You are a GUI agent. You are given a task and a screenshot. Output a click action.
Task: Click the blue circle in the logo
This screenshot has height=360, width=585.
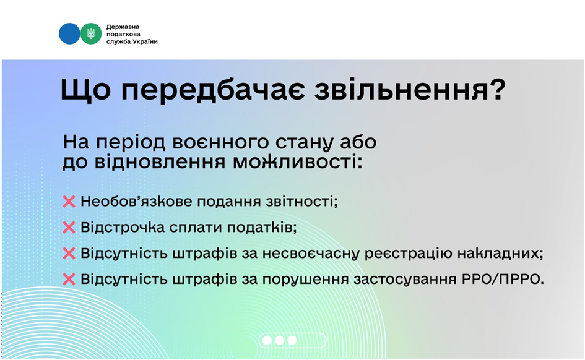click(69, 33)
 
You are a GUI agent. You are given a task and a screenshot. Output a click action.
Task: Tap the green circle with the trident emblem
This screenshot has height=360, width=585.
click(90, 33)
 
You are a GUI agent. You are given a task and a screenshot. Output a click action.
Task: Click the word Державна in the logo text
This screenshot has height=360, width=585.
click(123, 27)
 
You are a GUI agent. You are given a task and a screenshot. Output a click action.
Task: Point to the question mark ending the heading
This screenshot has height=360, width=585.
click(497, 89)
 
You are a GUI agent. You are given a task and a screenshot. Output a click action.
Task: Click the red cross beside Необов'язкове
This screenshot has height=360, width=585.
click(69, 202)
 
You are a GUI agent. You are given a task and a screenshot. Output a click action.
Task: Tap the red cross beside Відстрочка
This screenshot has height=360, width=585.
click(69, 228)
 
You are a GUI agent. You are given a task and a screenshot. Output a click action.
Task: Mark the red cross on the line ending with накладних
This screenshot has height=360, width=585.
click(69, 254)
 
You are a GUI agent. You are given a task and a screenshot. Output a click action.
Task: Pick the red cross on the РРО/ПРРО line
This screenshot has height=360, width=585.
click(69, 279)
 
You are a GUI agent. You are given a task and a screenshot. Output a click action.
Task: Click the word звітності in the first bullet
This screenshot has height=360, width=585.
click(301, 201)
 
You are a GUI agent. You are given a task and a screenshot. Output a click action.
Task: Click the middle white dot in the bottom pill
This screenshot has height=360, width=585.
click(279, 340)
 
